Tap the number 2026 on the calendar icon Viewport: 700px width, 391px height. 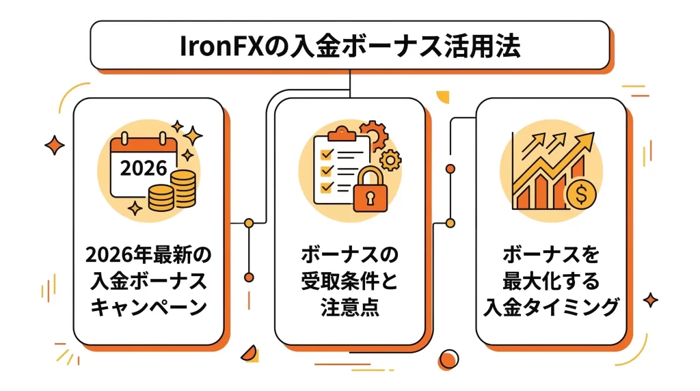143,167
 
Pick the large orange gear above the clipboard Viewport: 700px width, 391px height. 373,133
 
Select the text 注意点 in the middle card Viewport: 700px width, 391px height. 349,308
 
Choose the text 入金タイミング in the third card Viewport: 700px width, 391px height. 551,308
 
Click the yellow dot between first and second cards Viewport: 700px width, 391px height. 249,223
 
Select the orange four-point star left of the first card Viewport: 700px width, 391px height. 53,145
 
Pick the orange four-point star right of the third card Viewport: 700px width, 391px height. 651,300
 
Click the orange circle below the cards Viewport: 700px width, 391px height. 448,359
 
